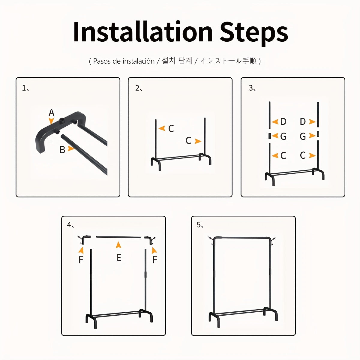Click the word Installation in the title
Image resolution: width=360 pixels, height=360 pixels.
[x=143, y=32]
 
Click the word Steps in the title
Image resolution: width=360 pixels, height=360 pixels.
[x=254, y=34]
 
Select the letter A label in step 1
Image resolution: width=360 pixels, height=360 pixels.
[x=51, y=113]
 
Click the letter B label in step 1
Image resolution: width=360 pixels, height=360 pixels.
[x=62, y=150]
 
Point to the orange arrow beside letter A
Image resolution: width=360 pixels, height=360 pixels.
[x=51, y=121]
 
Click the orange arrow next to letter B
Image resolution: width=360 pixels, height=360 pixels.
[x=71, y=149]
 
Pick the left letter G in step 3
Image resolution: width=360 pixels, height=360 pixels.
[x=283, y=136]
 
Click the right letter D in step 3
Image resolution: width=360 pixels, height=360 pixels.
[x=303, y=121]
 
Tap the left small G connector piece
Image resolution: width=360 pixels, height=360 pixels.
[x=269, y=136]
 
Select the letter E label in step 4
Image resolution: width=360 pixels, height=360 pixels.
[x=119, y=258]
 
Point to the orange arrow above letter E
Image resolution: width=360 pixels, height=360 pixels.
[x=118, y=245]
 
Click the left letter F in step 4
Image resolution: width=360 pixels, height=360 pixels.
[x=81, y=260]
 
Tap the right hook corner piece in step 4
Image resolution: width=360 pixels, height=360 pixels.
[x=150, y=240]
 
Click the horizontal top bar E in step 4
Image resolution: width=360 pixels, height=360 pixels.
[x=118, y=237]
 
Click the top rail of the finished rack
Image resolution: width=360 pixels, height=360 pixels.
[x=243, y=238]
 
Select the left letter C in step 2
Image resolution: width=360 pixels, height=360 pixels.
[x=171, y=128]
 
